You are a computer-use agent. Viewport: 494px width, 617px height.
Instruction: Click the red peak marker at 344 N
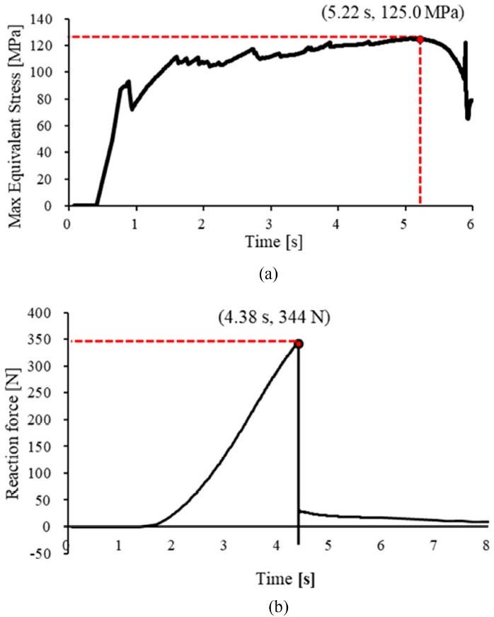pos(299,344)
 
